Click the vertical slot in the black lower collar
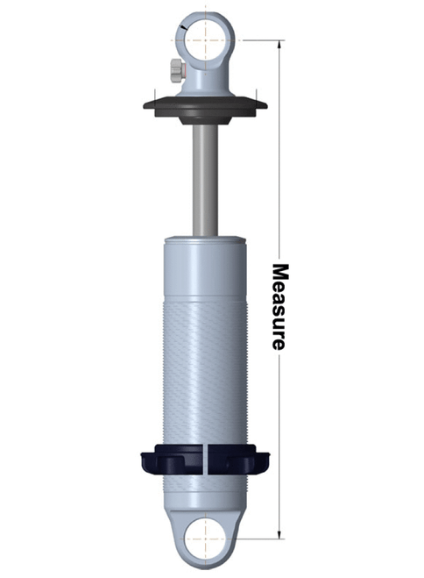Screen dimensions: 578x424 205,460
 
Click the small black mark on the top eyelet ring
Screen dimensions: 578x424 181,29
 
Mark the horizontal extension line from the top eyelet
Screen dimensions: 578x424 258,39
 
